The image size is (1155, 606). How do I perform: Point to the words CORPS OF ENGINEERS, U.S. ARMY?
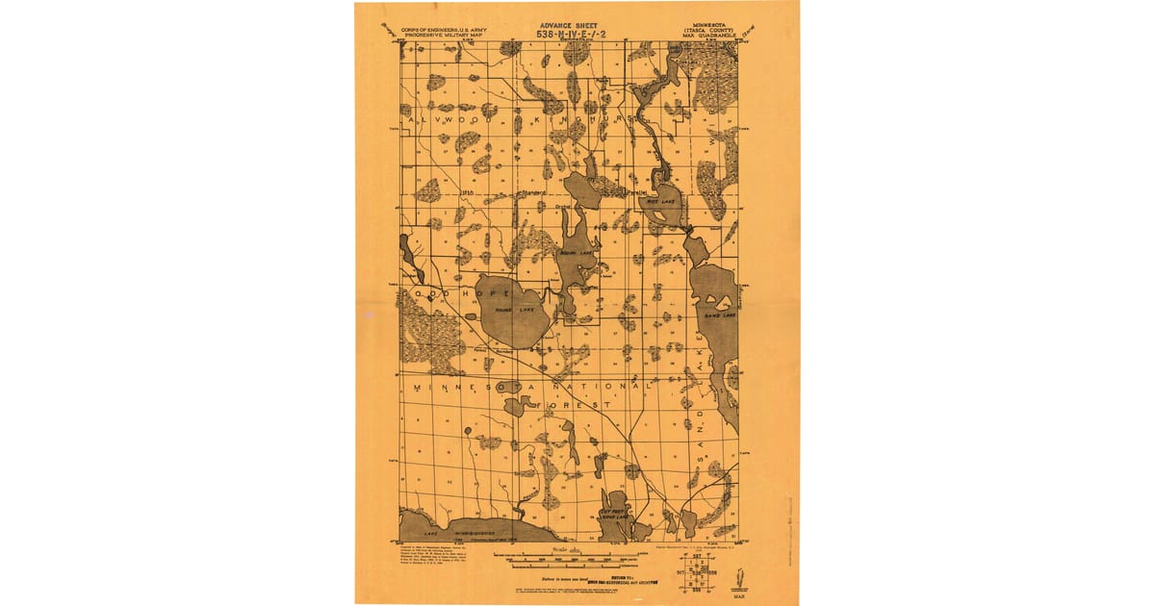tap(439, 30)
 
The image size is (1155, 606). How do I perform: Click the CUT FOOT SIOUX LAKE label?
tap(614, 515)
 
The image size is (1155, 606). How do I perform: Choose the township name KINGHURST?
tap(577, 119)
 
